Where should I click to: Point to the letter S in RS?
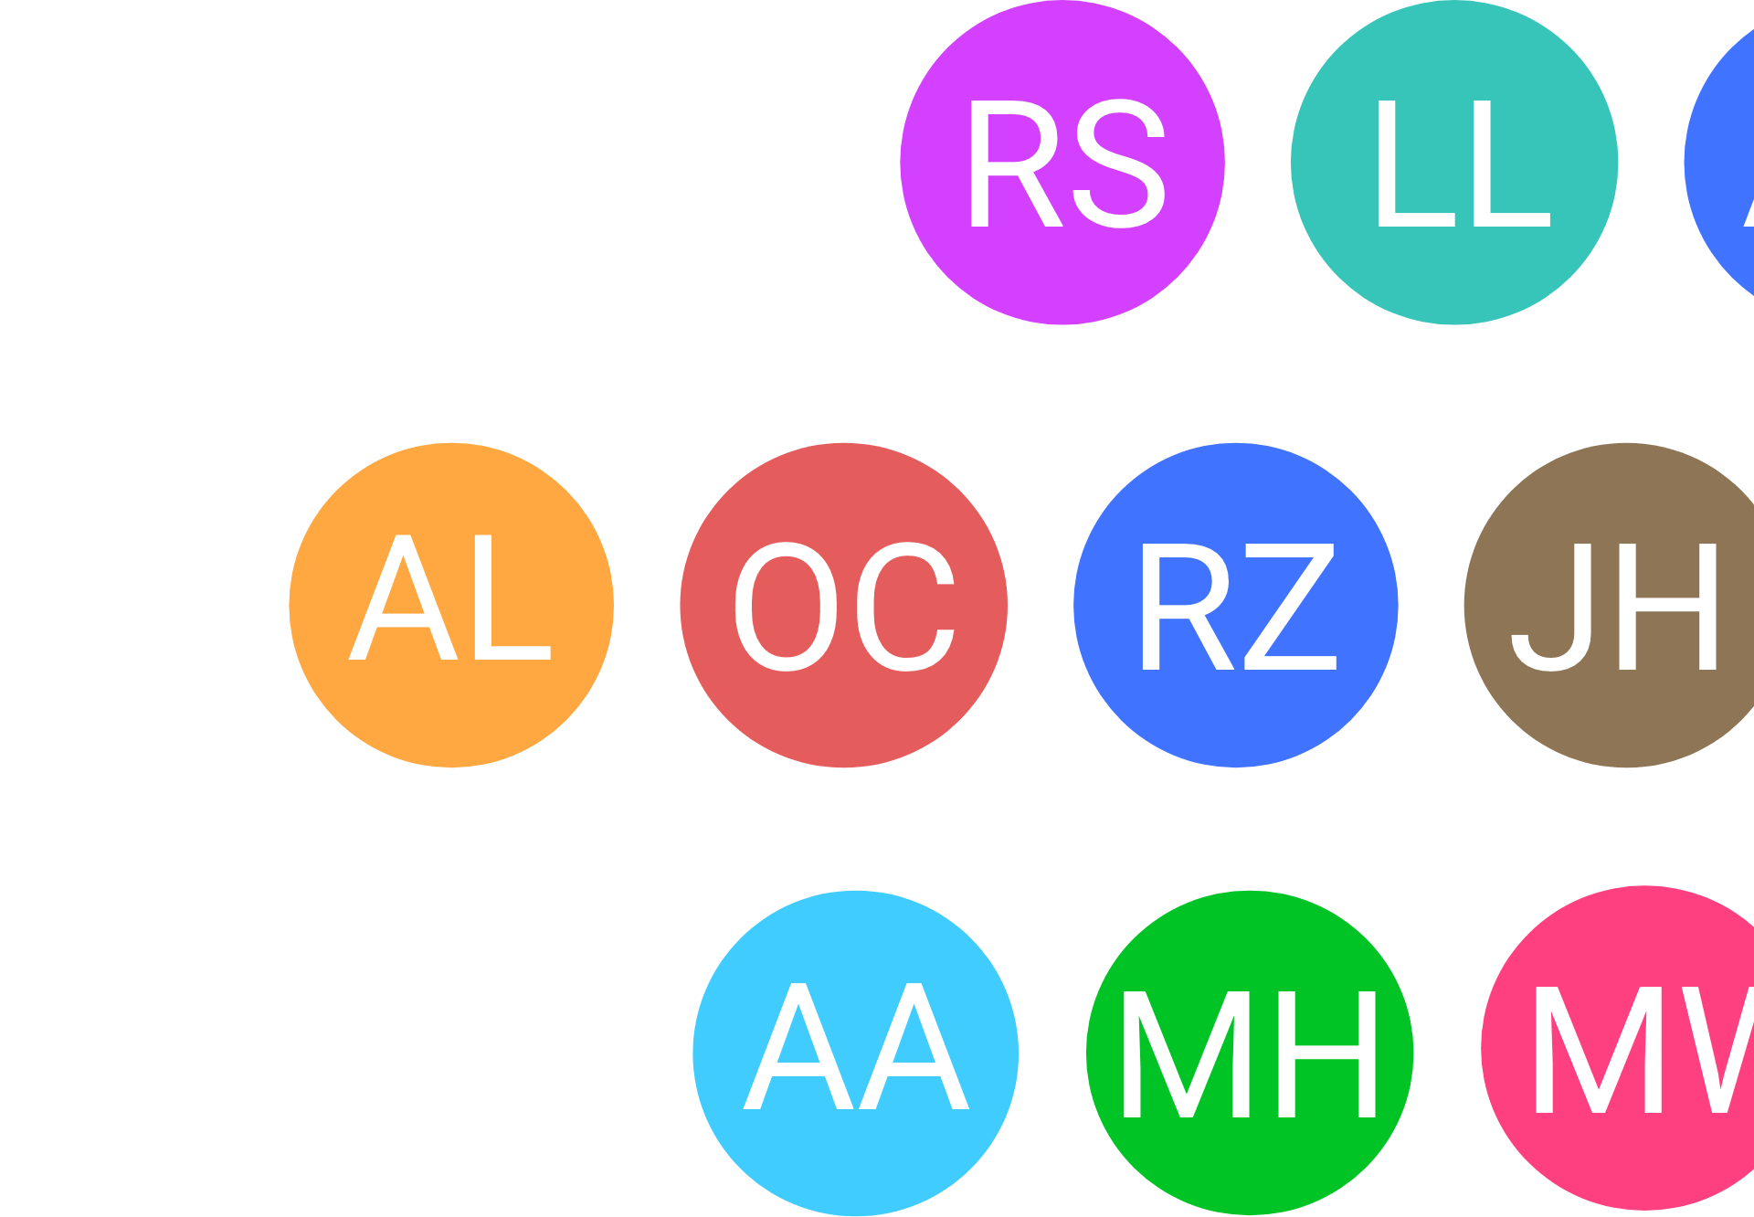(x=1120, y=164)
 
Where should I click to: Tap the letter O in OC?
(x=786, y=607)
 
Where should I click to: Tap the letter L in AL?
(x=512, y=598)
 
